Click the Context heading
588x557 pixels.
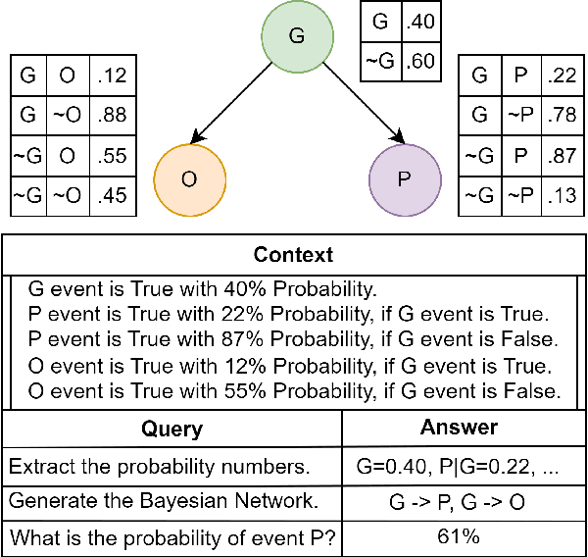point(293,256)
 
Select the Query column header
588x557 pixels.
point(171,429)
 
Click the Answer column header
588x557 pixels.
point(462,428)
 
